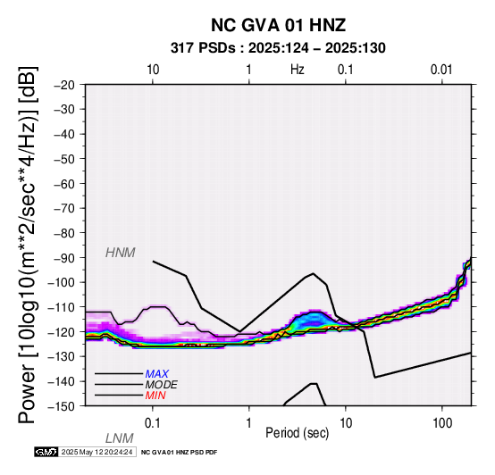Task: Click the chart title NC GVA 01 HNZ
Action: [278, 25]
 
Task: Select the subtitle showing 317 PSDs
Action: [278, 48]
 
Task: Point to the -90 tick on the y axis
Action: [63, 257]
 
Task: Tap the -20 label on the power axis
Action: [63, 85]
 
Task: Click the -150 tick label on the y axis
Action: [62, 406]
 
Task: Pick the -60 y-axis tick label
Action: [63, 184]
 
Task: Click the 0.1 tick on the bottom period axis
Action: [152, 423]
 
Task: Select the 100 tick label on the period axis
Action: [442, 423]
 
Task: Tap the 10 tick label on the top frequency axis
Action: [153, 70]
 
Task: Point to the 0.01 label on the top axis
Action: [441, 70]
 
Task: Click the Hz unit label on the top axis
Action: [298, 70]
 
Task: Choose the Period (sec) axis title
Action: [297, 433]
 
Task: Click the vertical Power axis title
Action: [28, 245]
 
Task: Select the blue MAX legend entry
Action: [156, 374]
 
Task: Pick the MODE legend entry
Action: [162, 385]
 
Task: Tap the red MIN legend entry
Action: [155, 396]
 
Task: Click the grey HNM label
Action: [121, 253]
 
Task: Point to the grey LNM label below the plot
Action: [120, 438]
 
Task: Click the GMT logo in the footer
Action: [46, 452]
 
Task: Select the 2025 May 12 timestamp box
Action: [97, 452]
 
